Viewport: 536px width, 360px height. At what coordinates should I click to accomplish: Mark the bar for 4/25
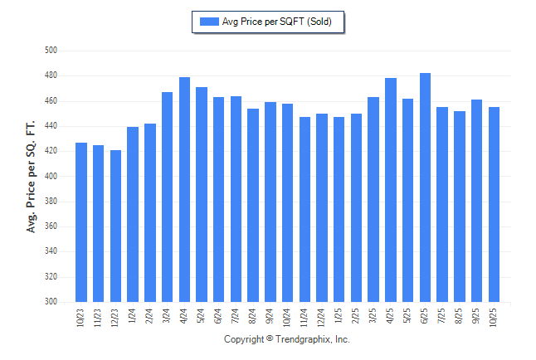[391, 190]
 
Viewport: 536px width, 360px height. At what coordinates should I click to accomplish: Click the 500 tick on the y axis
[50, 51]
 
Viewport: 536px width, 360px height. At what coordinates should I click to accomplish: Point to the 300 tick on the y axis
[50, 302]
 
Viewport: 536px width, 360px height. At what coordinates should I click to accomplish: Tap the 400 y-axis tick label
[50, 177]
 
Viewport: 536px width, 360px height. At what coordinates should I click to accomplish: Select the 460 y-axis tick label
[50, 101]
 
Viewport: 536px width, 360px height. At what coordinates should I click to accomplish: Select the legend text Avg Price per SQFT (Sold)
[277, 22]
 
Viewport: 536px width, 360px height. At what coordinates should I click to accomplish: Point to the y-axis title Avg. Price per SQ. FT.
[32, 176]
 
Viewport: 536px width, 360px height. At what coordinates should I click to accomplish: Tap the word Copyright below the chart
[244, 339]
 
